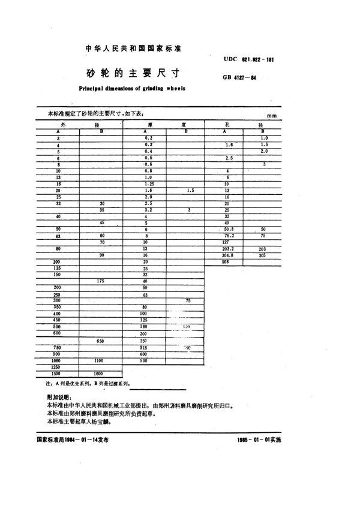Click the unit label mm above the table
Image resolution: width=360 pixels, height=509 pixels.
point(271,117)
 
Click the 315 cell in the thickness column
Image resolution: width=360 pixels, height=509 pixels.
point(145,348)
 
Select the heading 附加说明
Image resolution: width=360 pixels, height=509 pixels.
point(58,397)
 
